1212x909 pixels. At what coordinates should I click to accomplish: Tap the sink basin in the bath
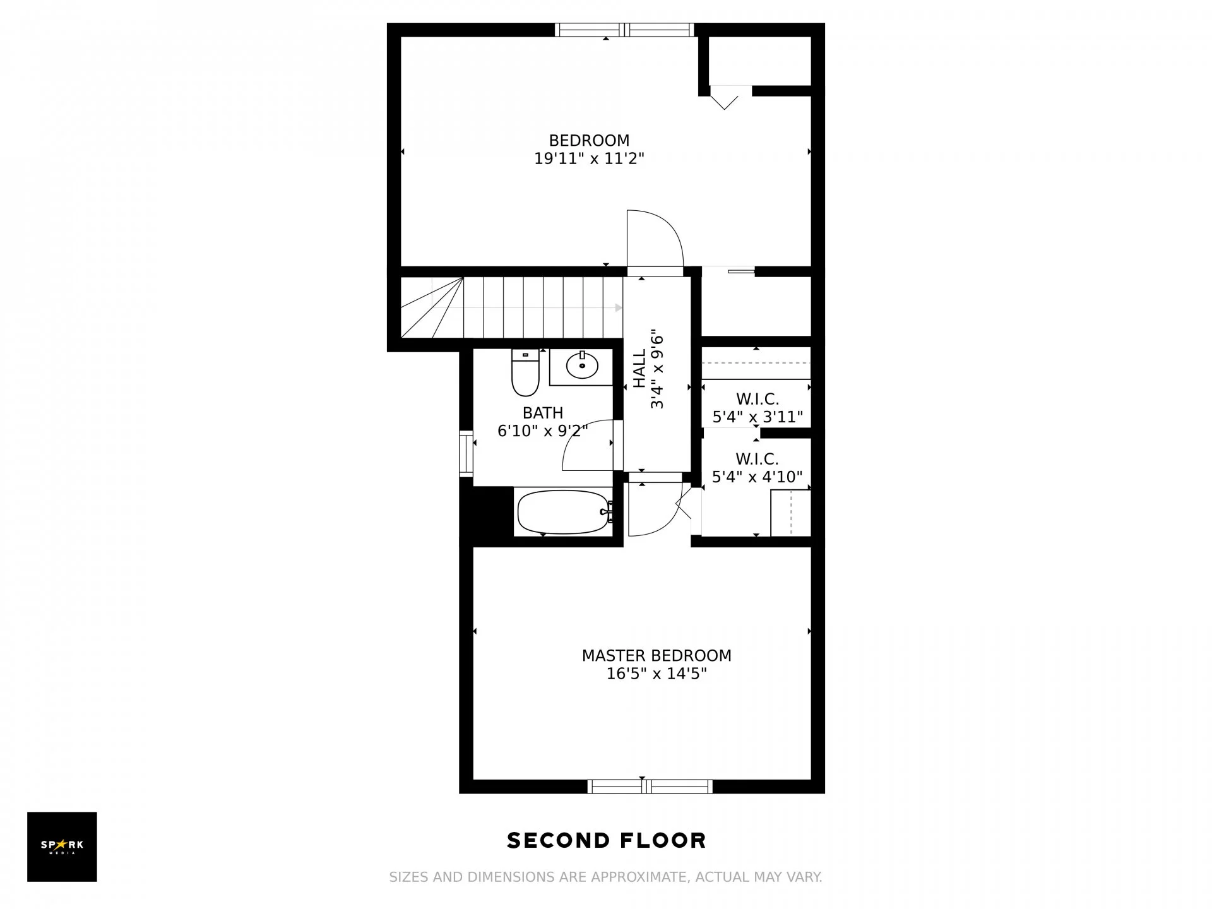coord(581,365)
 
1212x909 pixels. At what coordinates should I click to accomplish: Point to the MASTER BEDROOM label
coord(656,656)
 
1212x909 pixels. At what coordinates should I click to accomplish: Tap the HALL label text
coord(639,369)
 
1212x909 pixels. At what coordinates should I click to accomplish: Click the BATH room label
coord(543,413)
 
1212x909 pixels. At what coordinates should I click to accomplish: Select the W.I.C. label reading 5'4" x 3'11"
coord(757,408)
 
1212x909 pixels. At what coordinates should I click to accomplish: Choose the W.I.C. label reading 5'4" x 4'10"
coord(757,468)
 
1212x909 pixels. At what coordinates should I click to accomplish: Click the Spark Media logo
coord(62,847)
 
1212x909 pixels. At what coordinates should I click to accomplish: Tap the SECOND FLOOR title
coord(607,840)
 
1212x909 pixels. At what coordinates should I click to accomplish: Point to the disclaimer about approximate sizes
coord(605,877)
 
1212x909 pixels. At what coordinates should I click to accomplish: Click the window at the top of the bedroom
coord(624,30)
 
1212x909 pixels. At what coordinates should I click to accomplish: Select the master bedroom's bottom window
coord(650,787)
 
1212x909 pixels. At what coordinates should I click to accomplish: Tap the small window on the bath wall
coord(466,454)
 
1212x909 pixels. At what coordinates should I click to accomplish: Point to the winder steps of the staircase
coord(432,307)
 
